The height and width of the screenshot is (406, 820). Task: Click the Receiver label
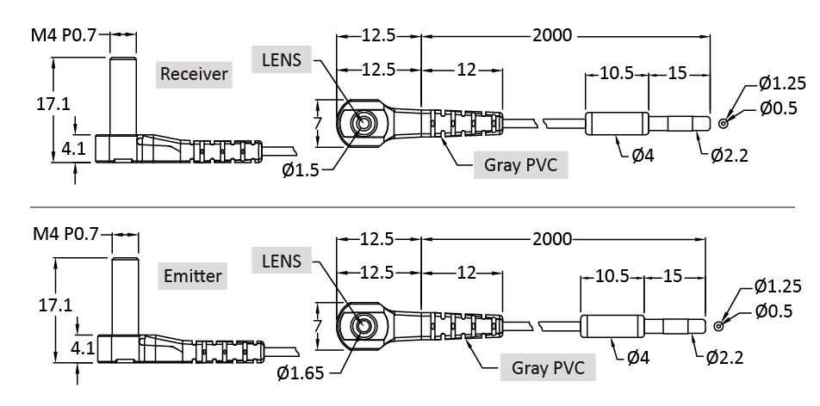pyautogui.click(x=195, y=73)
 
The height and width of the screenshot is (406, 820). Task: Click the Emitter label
pyautogui.click(x=193, y=276)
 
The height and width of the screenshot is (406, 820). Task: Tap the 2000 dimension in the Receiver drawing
pyautogui.click(x=552, y=35)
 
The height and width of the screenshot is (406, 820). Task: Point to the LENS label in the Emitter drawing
pyautogui.click(x=283, y=260)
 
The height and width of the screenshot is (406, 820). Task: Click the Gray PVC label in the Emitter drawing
pyautogui.click(x=548, y=367)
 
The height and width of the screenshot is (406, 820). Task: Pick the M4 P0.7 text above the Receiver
pyautogui.click(x=66, y=35)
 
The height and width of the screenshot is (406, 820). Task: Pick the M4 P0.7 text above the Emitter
pyautogui.click(x=66, y=234)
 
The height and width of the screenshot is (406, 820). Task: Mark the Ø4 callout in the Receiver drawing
pyautogui.click(x=643, y=155)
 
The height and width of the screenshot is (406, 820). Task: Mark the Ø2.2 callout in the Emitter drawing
pyautogui.click(x=724, y=356)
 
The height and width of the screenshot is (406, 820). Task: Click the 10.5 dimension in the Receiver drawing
pyautogui.click(x=617, y=73)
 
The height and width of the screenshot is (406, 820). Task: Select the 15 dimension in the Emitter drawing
pyautogui.click(x=673, y=276)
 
